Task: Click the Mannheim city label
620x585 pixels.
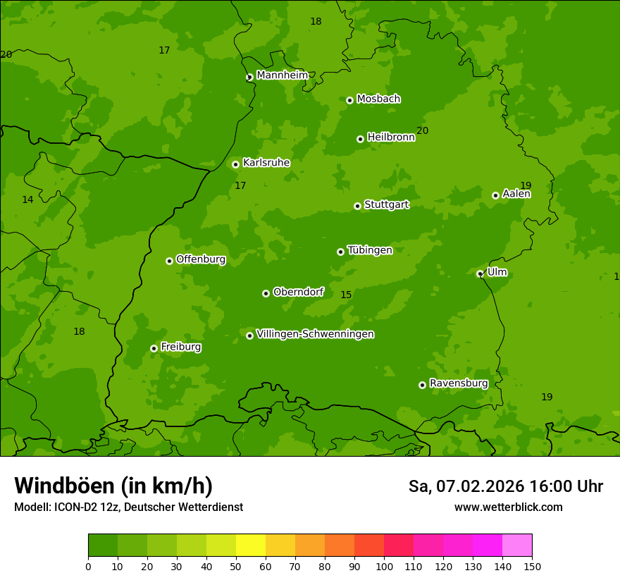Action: click(282, 75)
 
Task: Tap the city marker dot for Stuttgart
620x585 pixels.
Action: click(357, 206)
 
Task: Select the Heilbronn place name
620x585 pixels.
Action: click(391, 137)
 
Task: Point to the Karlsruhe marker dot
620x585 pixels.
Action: click(235, 164)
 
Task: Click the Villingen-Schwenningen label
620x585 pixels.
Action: click(315, 334)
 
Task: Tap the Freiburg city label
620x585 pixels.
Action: click(180, 347)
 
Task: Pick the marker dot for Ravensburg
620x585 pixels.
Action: click(422, 385)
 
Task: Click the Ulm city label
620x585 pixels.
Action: click(497, 272)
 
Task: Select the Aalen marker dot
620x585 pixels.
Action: click(495, 195)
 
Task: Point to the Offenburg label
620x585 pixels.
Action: click(201, 259)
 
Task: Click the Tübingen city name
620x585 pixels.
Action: click(370, 250)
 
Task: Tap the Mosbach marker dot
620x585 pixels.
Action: click(349, 100)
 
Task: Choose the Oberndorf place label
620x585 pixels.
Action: click(298, 292)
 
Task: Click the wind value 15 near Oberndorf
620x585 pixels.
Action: click(346, 295)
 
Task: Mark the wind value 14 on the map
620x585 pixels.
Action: click(27, 199)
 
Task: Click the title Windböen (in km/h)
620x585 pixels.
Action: click(113, 486)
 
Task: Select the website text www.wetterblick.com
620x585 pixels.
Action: click(508, 507)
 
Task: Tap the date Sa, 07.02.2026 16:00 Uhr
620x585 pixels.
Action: click(505, 486)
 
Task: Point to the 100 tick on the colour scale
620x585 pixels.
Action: click(384, 566)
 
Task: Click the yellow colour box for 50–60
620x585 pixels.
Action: click(251, 546)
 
